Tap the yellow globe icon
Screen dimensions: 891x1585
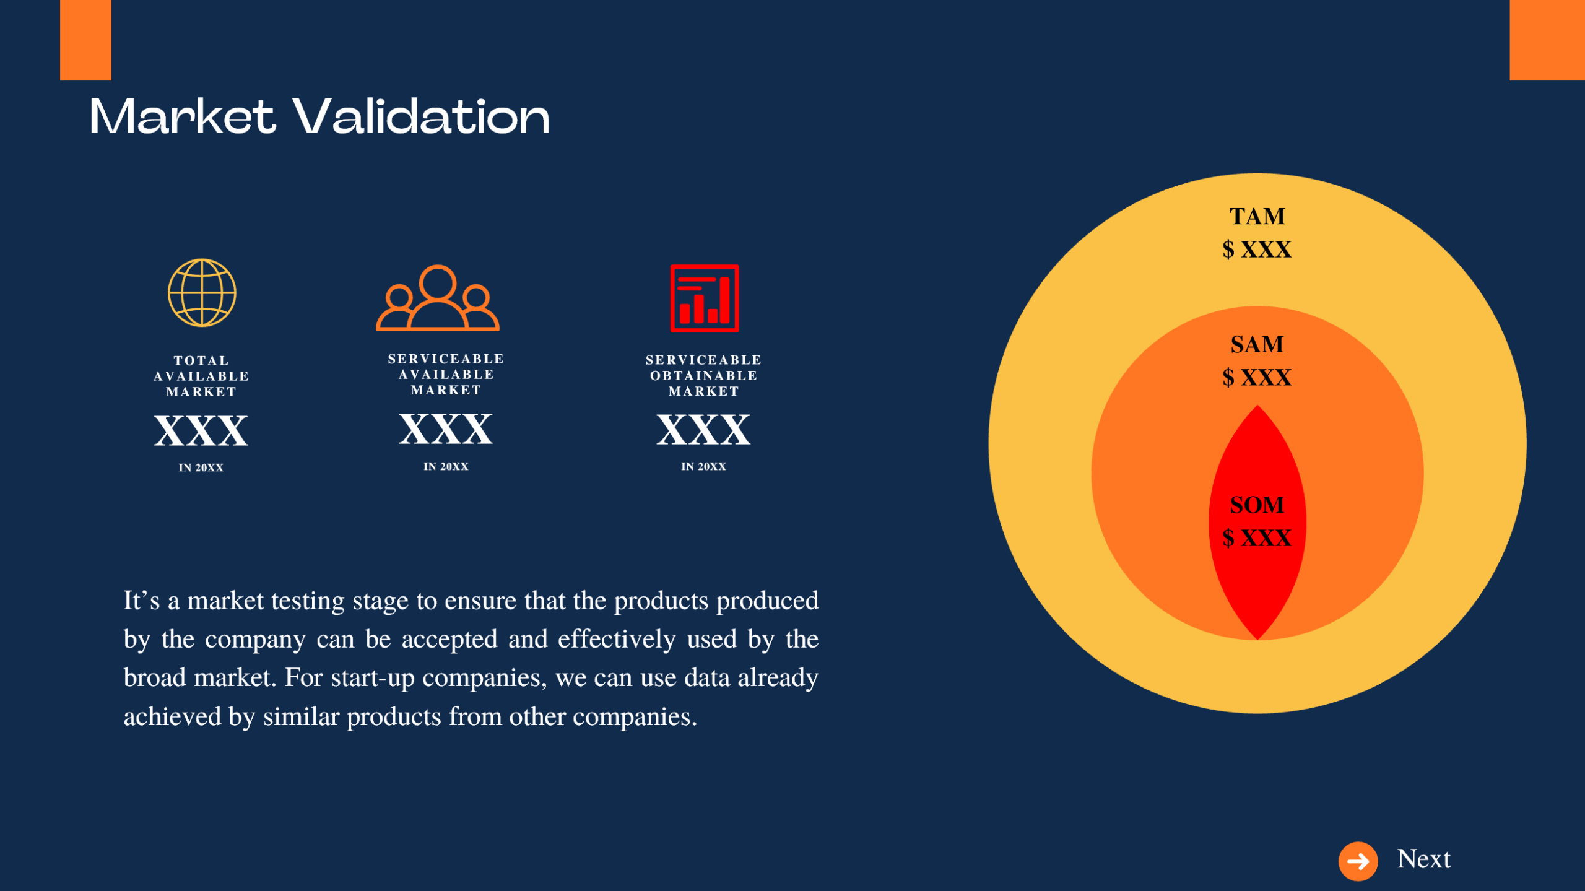202,293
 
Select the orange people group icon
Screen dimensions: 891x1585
438,298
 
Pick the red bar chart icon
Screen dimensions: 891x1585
705,298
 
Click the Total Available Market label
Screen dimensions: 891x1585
201,376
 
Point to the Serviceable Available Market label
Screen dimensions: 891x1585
446,375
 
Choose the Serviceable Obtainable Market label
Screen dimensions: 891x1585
703,375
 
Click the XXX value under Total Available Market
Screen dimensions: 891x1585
201,431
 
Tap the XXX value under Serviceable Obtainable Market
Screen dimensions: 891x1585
703,430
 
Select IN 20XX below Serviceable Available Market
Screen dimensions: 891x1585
446,467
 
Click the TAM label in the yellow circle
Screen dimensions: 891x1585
1257,217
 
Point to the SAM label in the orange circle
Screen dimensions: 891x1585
1257,345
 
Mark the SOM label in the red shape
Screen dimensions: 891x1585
1257,505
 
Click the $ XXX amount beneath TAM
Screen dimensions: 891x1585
1257,250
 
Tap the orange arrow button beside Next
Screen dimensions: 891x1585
1358,861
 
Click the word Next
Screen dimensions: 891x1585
1423,859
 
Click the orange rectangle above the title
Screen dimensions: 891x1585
85,40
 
